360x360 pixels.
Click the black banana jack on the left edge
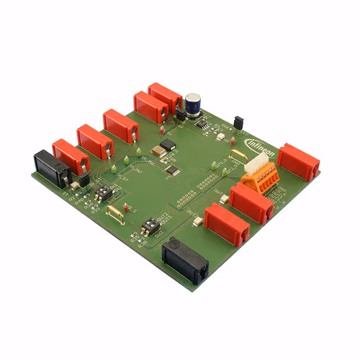coord(51,168)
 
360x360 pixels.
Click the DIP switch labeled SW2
coord(149,227)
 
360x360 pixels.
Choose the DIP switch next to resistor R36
coord(103,194)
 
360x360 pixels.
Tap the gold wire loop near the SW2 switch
coord(116,214)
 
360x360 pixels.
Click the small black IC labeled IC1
coord(172,169)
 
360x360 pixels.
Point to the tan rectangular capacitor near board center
coord(157,150)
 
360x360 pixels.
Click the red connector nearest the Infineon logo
coord(298,162)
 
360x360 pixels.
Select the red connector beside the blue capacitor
coord(165,97)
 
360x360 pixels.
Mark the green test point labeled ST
coord(114,169)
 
